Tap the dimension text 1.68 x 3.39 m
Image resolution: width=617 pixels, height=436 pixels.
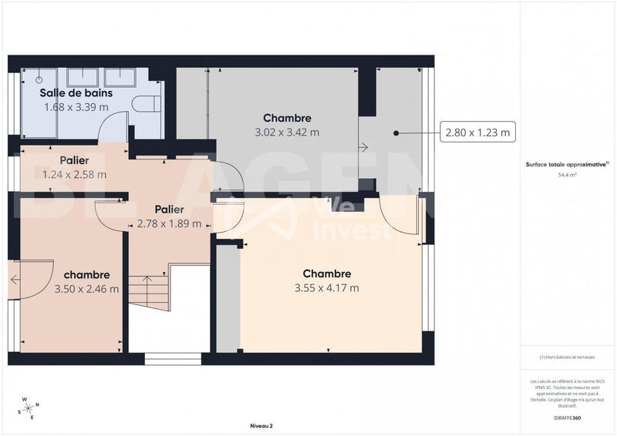click(75, 107)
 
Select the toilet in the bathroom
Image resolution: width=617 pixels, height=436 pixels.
click(145, 103)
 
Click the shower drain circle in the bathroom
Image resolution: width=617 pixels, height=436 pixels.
click(39, 78)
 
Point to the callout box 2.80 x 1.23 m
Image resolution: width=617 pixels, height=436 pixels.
click(477, 133)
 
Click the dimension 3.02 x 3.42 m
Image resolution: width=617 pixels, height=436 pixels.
click(287, 132)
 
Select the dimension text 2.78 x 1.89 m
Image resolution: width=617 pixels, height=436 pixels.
click(169, 223)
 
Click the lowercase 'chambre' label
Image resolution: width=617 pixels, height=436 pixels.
click(86, 275)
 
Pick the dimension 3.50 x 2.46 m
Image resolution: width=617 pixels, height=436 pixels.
click(86, 290)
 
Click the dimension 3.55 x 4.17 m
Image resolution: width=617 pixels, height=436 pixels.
click(326, 288)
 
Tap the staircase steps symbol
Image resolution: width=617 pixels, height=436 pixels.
click(148, 293)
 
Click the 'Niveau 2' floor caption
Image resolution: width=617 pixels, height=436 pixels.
click(261, 425)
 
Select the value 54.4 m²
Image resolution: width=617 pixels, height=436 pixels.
click(568, 175)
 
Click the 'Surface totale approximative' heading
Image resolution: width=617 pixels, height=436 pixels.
click(567, 164)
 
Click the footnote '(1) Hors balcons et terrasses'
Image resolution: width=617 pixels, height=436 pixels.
click(568, 357)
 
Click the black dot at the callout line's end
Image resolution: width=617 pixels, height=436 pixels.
click(396, 133)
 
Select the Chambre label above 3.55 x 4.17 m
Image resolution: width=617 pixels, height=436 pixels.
click(326, 273)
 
